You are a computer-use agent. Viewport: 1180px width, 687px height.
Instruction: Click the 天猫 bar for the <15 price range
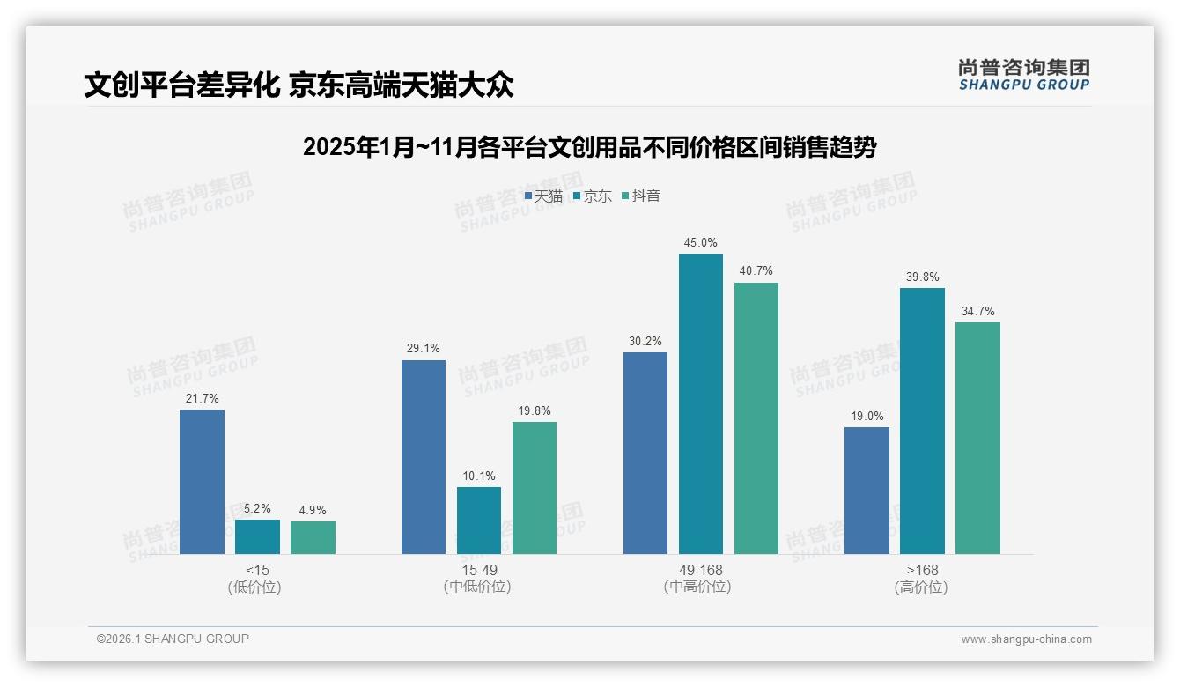pyautogui.click(x=202, y=482)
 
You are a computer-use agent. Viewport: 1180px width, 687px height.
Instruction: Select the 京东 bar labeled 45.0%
pyautogui.click(x=700, y=403)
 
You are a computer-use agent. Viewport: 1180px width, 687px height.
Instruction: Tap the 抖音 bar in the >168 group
pyautogui.click(x=977, y=438)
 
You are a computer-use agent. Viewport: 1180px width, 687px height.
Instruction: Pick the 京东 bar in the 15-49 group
pyautogui.click(x=478, y=521)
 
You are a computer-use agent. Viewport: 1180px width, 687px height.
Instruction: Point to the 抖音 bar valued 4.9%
pyautogui.click(x=313, y=537)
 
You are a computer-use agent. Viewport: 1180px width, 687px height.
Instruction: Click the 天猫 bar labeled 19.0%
pyautogui.click(x=867, y=491)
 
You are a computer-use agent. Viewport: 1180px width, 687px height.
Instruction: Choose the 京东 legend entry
pyautogui.click(x=593, y=196)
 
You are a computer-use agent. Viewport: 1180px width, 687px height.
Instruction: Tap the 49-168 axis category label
pyautogui.click(x=700, y=570)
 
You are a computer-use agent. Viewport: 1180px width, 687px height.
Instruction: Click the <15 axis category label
pyautogui.click(x=257, y=570)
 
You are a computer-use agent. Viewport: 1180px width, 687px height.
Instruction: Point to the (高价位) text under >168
pyautogui.click(x=921, y=587)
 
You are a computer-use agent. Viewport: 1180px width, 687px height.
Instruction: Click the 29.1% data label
pyautogui.click(x=424, y=348)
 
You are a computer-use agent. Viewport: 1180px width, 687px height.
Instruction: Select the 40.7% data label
pyautogui.click(x=756, y=270)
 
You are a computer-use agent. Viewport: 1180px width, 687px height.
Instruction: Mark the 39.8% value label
pyautogui.click(x=922, y=277)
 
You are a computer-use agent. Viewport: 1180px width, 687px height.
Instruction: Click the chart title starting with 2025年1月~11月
pyautogui.click(x=589, y=147)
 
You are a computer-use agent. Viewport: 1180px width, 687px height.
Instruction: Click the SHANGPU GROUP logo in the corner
pyautogui.click(x=1023, y=74)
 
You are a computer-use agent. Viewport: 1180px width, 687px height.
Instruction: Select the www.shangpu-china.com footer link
pyautogui.click(x=1026, y=639)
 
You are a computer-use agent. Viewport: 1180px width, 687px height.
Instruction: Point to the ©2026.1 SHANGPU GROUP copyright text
pyautogui.click(x=173, y=639)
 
